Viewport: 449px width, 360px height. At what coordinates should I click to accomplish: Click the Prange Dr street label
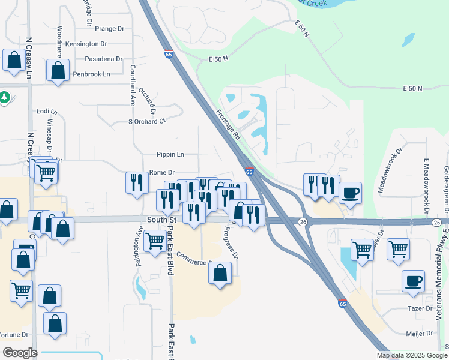pyautogui.click(x=109, y=28)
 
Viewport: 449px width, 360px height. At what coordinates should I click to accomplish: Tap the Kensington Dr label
pyautogui.click(x=86, y=44)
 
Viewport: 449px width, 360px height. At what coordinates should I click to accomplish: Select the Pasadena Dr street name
pyautogui.click(x=103, y=59)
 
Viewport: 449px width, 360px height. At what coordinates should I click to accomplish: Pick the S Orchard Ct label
pyautogui.click(x=146, y=121)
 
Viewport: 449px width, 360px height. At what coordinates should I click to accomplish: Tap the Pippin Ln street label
pyautogui.click(x=170, y=154)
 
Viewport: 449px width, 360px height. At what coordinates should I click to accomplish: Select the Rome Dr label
pyautogui.click(x=161, y=172)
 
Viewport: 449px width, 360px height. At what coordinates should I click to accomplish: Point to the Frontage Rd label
pyautogui.click(x=228, y=125)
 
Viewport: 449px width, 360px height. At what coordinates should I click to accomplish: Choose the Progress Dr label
pyautogui.click(x=231, y=242)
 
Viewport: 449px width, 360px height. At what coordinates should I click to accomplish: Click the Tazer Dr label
pyautogui.click(x=420, y=308)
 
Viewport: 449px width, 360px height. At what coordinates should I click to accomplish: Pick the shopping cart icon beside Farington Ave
pyautogui.click(x=155, y=242)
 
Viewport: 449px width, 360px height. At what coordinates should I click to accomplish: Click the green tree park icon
pyautogui.click(x=4, y=97)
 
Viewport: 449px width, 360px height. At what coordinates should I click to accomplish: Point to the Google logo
pyautogui.click(x=20, y=353)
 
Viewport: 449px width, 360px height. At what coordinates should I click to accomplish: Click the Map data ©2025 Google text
pyautogui.click(x=411, y=355)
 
